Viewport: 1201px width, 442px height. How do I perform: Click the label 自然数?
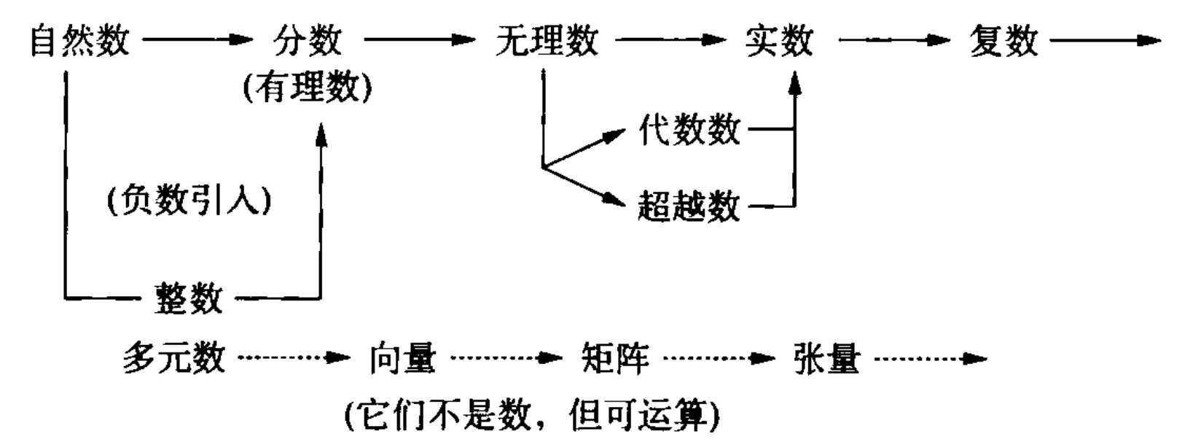pos(79,40)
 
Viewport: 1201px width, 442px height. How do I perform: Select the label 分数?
pos(307,40)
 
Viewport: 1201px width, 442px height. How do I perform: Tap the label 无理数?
pos(546,40)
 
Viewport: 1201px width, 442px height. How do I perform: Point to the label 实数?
pos(779,40)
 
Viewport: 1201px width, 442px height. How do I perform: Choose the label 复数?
pos(1004,40)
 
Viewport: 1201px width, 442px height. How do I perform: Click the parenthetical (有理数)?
pos(307,88)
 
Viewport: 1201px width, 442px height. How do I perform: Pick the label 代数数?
pos(689,131)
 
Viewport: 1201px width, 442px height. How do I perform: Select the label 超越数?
pos(689,206)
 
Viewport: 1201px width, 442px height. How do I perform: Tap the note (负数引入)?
pos(189,202)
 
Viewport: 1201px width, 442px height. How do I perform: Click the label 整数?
pos(188,298)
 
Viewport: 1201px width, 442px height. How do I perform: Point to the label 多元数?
pos(173,359)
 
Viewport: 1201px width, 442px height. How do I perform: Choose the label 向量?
pos(402,359)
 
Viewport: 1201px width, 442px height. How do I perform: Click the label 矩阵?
pos(615,359)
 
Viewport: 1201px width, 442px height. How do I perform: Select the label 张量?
pos(827,359)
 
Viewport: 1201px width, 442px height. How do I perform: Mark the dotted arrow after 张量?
pos(929,359)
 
